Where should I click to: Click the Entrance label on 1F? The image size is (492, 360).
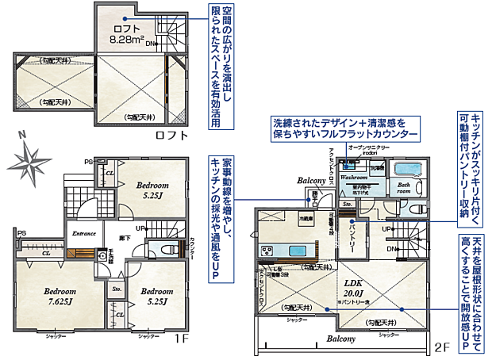[x=84, y=233]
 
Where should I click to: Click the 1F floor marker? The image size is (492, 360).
[x=180, y=339]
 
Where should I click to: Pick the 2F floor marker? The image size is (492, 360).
[x=442, y=347]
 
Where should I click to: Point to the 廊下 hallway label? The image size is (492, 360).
[x=125, y=237]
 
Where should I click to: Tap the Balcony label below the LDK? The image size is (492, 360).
[x=340, y=339]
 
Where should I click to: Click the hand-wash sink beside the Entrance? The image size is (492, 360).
[x=102, y=256]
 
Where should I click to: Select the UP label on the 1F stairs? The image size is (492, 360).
[x=140, y=228]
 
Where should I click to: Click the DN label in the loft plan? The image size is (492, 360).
[x=150, y=44]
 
